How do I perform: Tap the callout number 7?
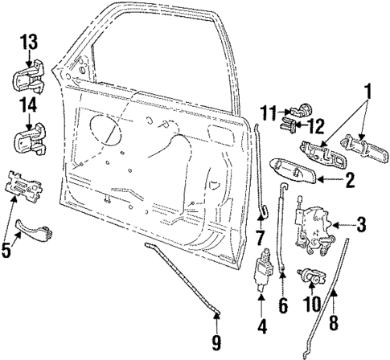click(x=260, y=239)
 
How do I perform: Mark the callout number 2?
click(x=350, y=182)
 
